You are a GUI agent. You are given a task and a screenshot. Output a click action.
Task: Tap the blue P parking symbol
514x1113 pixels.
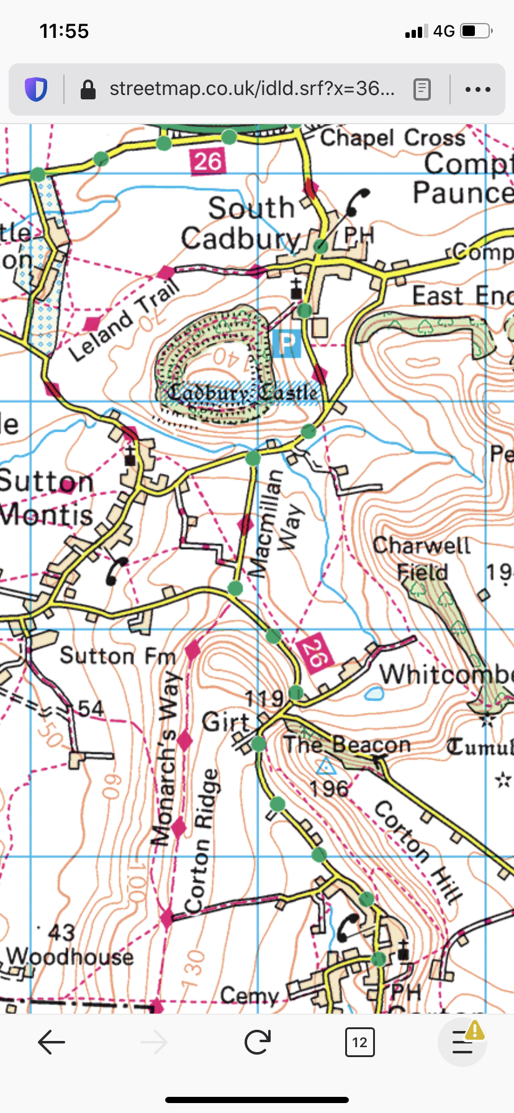click(x=286, y=343)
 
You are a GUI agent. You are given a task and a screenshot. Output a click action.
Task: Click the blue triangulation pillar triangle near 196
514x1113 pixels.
click(x=325, y=766)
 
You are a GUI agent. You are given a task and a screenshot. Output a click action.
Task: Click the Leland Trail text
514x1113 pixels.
click(x=123, y=320)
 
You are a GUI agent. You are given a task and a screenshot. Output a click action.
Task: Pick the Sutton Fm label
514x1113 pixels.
click(x=117, y=656)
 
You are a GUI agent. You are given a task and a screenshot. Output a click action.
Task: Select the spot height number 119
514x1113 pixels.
click(x=264, y=699)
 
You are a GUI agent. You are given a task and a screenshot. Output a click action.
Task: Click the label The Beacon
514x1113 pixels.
click(x=347, y=744)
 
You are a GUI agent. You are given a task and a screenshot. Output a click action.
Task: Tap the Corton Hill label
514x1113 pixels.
click(x=418, y=851)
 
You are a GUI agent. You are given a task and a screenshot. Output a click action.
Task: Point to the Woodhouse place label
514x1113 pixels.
click(x=70, y=956)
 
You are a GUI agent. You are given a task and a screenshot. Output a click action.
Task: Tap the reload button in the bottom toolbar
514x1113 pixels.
click(x=257, y=1042)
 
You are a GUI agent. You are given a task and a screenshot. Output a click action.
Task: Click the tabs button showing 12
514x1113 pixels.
click(x=359, y=1042)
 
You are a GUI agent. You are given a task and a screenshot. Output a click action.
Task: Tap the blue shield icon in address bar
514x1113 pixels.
click(x=36, y=89)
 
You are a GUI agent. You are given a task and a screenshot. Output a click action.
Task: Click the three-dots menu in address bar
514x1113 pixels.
click(x=477, y=89)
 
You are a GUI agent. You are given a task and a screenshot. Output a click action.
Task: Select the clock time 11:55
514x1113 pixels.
click(x=64, y=31)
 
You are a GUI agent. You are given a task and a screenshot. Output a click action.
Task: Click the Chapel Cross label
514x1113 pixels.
click(x=392, y=138)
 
